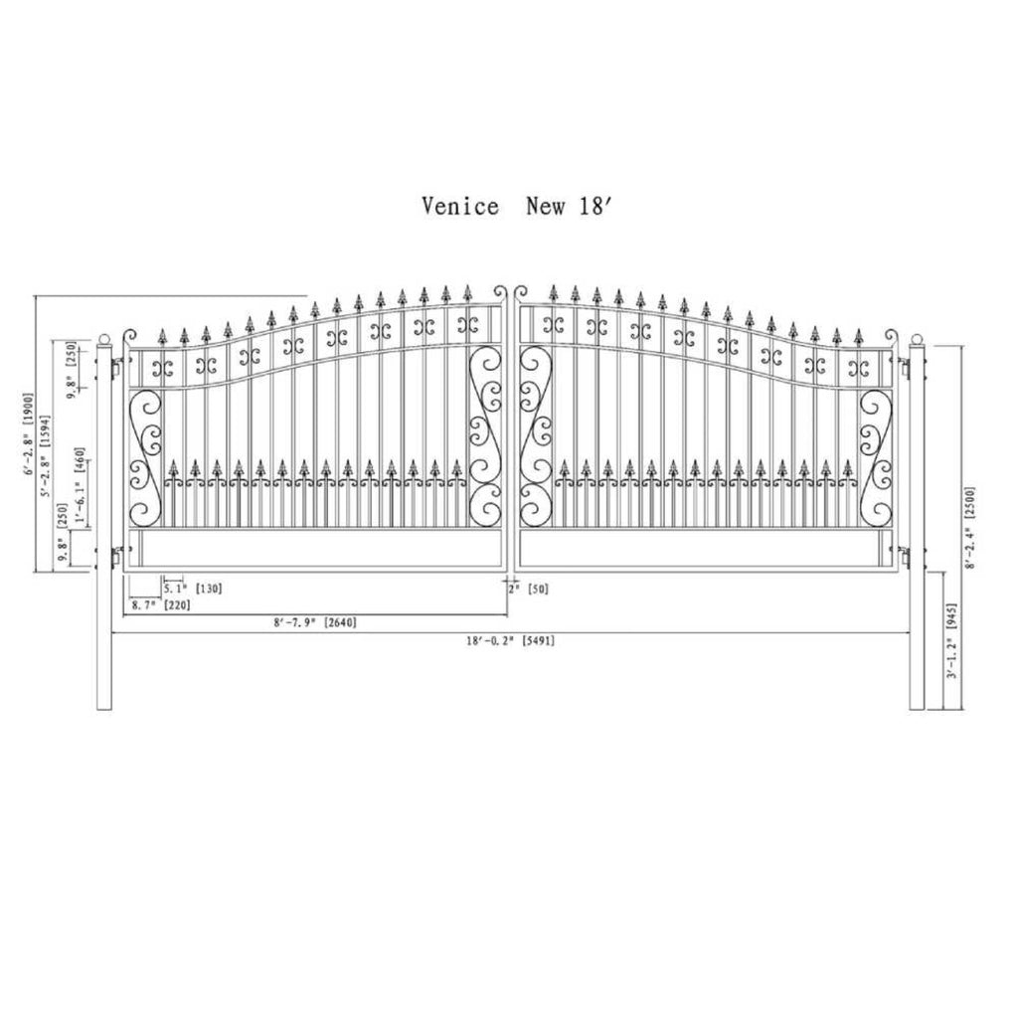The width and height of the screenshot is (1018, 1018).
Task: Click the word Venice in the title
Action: [x=460, y=207]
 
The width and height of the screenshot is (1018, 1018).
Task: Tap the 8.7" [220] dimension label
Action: [x=160, y=604]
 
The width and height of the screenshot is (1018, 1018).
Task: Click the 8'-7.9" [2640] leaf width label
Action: [x=314, y=623]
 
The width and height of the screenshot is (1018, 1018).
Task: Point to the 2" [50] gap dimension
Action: [x=529, y=589]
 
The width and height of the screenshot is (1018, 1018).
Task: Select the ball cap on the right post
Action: [x=918, y=339]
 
